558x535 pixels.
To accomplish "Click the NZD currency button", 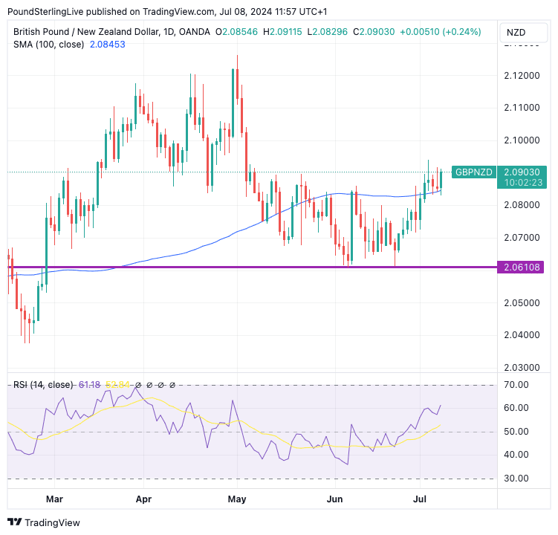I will pyautogui.click(x=516, y=33).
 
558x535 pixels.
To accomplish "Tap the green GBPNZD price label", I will pyautogui.click(x=474, y=172).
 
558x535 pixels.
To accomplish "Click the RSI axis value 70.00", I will pyautogui.click(x=515, y=385).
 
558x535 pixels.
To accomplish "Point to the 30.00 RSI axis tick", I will pyautogui.click(x=515, y=478).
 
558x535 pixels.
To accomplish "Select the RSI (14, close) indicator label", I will pyautogui.click(x=43, y=384).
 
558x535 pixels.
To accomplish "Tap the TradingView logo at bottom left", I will pyautogui.click(x=44, y=522).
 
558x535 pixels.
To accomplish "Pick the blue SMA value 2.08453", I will pyautogui.click(x=106, y=45).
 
